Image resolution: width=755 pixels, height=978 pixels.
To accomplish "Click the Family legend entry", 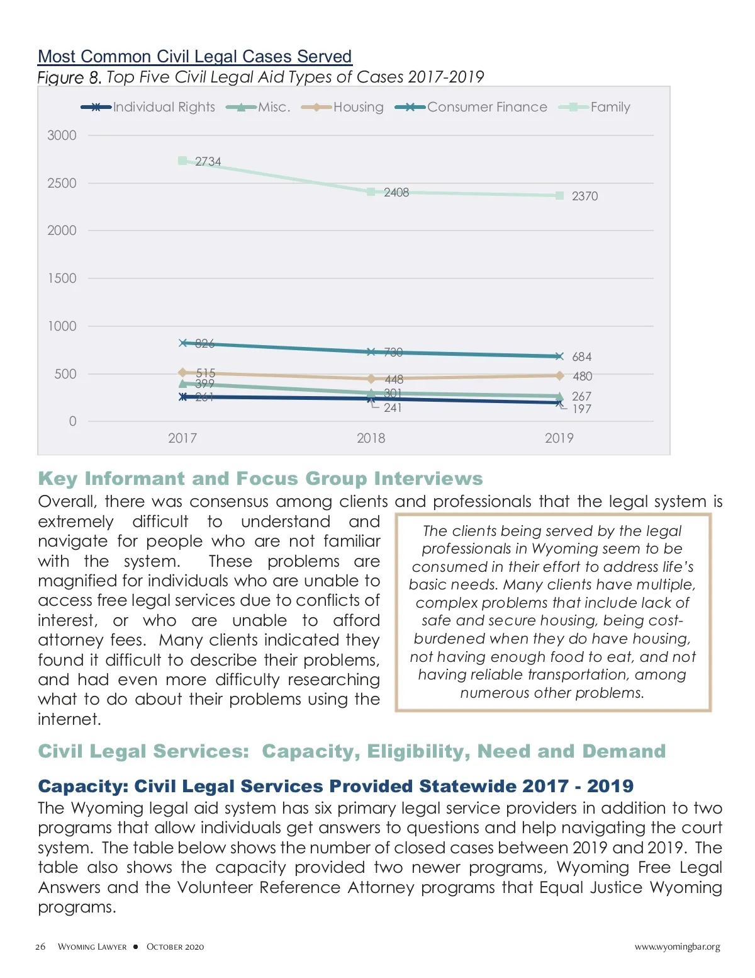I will click(610, 107).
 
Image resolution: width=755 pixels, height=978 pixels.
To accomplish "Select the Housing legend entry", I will click(358, 107).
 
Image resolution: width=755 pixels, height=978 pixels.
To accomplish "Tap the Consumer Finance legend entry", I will click(487, 107).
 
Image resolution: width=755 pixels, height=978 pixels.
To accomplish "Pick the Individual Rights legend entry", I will click(164, 107).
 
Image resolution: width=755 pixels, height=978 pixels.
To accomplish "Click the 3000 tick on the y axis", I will click(62, 135).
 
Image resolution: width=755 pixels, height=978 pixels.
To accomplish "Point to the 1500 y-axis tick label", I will click(62, 278).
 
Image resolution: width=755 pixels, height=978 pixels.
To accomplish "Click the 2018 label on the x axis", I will click(371, 438).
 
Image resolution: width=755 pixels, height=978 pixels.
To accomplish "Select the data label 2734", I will click(208, 162).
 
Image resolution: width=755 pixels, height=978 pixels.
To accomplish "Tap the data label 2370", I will click(584, 196).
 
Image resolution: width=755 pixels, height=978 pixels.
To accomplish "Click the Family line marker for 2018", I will click(371, 191).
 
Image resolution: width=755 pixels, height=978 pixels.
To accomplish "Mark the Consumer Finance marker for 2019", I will click(559, 356).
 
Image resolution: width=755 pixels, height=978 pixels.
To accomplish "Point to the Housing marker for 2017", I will click(182, 373).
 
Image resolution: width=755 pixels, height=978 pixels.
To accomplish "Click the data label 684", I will click(581, 357).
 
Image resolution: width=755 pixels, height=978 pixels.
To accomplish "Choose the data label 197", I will click(581, 409).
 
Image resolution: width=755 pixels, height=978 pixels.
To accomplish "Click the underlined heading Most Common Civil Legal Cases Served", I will click(194, 57).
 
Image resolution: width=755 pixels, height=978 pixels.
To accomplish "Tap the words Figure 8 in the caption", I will click(69, 77).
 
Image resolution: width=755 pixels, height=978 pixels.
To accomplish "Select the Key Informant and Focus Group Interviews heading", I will click(260, 479).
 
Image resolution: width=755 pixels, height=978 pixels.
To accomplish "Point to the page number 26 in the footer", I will click(40, 947).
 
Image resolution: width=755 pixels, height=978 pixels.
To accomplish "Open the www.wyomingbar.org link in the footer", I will click(677, 947).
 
